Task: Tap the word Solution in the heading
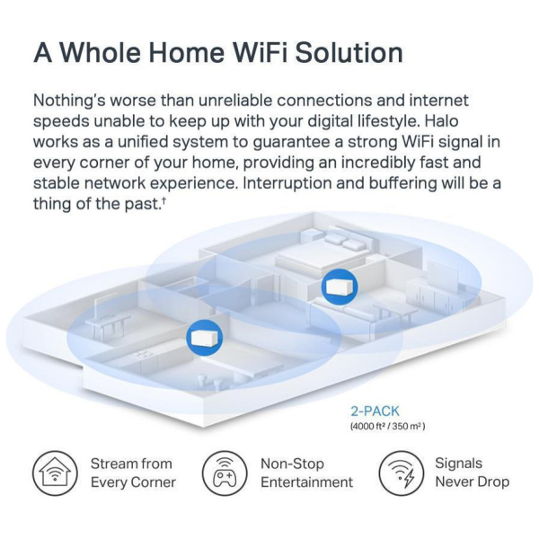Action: (349, 52)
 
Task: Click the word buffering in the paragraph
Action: (402, 183)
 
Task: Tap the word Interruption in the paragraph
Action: (287, 183)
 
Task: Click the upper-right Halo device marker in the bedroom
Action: (340, 287)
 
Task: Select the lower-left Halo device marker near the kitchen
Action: (204, 338)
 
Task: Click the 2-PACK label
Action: (375, 411)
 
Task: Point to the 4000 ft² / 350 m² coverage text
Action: (387, 427)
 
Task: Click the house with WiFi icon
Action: (55, 473)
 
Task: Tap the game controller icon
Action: (225, 473)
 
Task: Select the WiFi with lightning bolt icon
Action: (402, 473)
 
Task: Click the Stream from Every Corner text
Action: (133, 473)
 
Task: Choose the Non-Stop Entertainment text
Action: (306, 473)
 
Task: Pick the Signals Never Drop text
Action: (472, 473)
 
